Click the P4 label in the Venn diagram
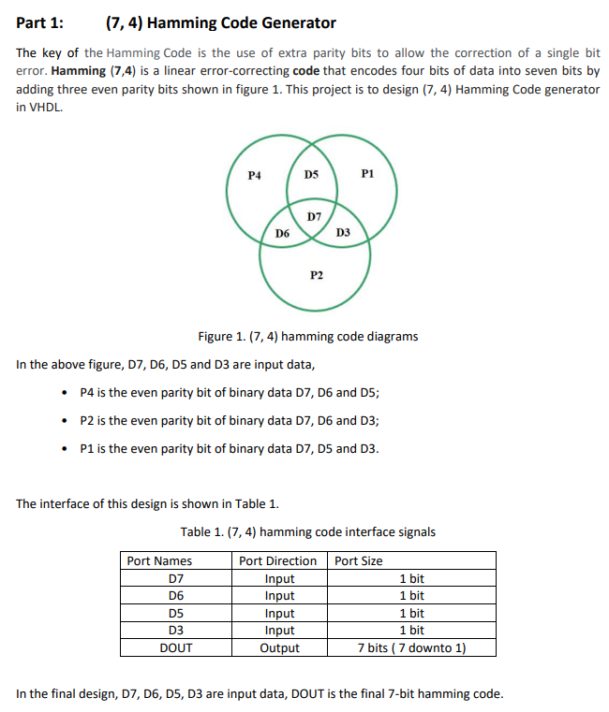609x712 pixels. click(x=254, y=174)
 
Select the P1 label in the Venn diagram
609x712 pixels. click(x=367, y=174)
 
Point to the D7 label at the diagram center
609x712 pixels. click(x=315, y=216)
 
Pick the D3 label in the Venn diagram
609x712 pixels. click(x=343, y=231)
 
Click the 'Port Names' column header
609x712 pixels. click(x=159, y=560)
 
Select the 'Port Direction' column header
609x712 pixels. click(x=278, y=560)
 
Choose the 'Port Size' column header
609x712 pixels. click(x=359, y=560)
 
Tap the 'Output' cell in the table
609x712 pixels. click(x=279, y=647)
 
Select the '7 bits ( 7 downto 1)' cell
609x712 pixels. click(x=412, y=647)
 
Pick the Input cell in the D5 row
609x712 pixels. click(x=279, y=613)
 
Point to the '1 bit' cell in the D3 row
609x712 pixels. click(x=411, y=631)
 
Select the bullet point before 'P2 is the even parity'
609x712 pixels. click(x=63, y=420)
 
